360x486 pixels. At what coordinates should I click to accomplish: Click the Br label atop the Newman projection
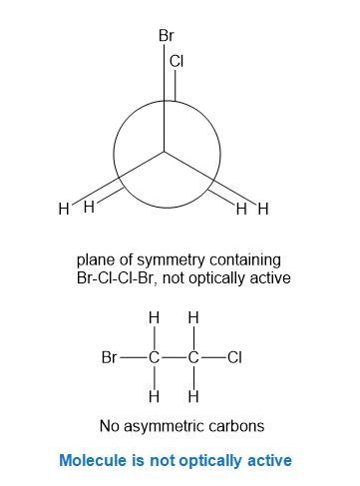[167, 35]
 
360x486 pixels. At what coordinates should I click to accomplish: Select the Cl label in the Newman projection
[177, 61]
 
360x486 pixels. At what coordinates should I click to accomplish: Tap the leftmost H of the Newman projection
[64, 209]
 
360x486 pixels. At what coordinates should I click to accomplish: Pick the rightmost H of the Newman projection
[263, 210]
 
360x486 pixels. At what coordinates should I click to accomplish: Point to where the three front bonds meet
[164, 152]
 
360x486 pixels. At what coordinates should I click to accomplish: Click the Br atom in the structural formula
[109, 357]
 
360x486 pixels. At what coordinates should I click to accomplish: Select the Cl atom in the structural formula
[234, 357]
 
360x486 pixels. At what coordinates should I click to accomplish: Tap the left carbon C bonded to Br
[155, 357]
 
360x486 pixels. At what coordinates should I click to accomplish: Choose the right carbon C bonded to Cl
[193, 357]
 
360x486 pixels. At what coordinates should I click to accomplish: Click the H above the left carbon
[154, 317]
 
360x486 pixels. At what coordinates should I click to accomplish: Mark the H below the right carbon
[193, 396]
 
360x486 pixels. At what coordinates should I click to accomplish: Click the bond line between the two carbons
[174, 358]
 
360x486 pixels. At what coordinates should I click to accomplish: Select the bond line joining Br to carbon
[133, 358]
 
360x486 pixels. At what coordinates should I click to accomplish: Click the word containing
[245, 260]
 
